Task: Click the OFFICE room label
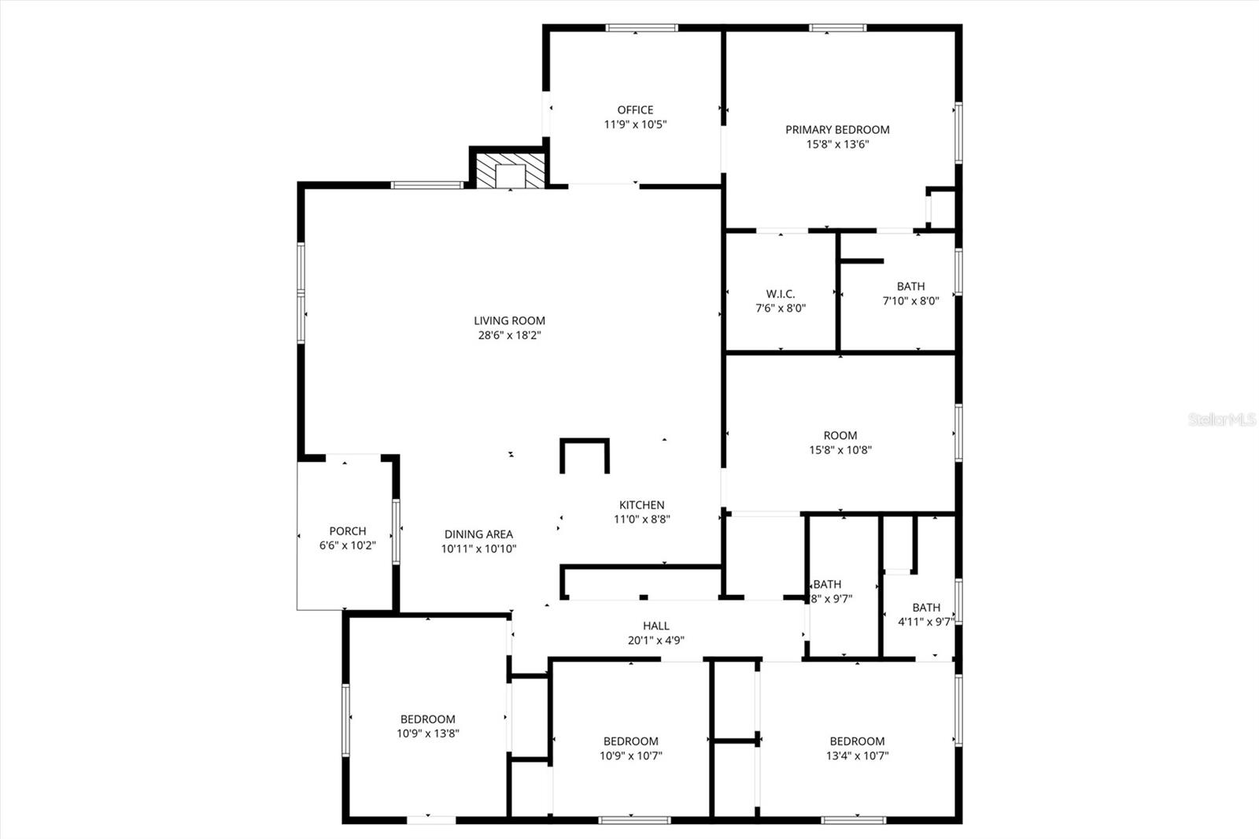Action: (x=635, y=110)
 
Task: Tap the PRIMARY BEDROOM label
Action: (x=837, y=130)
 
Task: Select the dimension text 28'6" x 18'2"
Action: (x=509, y=335)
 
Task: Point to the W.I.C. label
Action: (x=781, y=294)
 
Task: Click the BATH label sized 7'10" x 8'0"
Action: (x=910, y=286)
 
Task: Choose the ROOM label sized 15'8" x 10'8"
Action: (x=840, y=436)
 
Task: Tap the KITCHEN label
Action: (x=642, y=505)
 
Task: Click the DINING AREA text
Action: (x=478, y=534)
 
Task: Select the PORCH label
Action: (x=347, y=531)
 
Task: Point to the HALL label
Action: (x=655, y=626)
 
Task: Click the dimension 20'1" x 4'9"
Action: (x=655, y=641)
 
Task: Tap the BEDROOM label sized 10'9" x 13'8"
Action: (x=427, y=719)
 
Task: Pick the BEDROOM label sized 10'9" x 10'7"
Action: (x=630, y=741)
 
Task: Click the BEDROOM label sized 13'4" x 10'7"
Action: (x=857, y=741)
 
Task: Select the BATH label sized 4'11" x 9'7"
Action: (x=926, y=608)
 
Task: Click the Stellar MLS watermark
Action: (x=1221, y=419)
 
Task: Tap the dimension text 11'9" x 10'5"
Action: (x=635, y=124)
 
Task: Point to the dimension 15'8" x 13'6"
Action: (x=837, y=144)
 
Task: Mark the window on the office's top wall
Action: (x=641, y=28)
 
